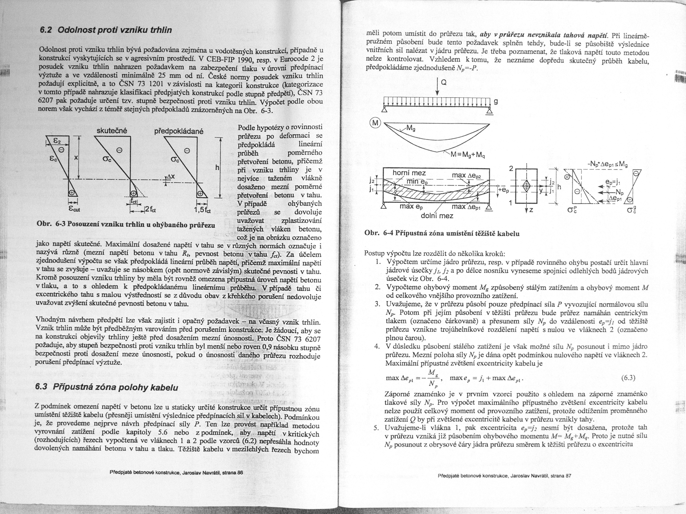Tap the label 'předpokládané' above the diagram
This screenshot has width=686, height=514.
click(179, 131)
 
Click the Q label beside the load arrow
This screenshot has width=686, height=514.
click(444, 83)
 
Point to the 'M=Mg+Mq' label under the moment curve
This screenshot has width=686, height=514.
click(469, 156)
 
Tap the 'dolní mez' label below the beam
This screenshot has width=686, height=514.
click(437, 215)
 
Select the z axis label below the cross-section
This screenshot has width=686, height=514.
click(531, 210)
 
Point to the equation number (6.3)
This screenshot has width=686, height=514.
click(628, 378)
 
